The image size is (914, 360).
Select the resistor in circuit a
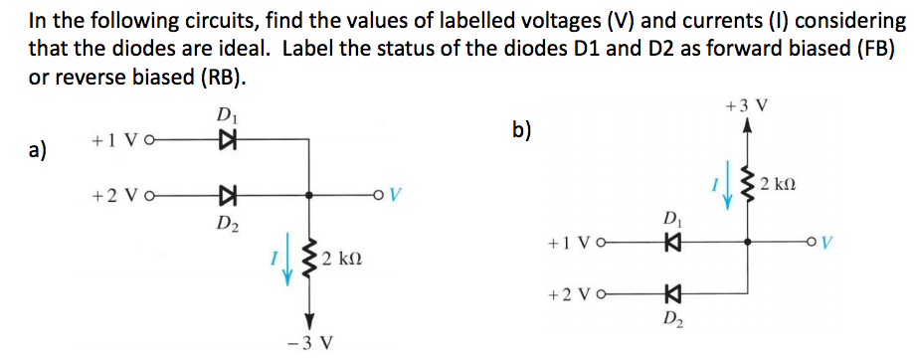309,260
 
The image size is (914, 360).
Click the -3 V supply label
309,342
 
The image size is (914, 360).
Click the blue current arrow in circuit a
288,261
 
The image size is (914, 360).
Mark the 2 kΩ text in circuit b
778,185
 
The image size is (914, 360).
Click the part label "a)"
38,151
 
